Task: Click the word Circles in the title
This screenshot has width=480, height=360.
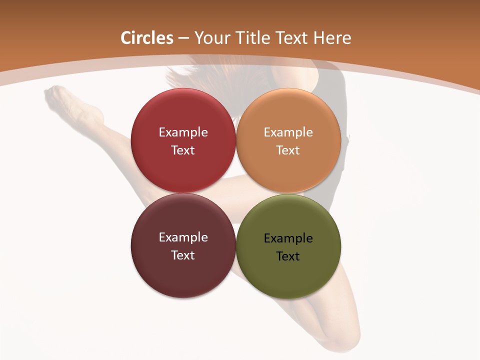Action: coord(146,38)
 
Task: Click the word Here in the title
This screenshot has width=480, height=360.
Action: coord(332,38)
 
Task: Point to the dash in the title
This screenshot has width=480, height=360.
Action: coord(183,38)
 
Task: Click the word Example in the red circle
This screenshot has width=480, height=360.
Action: coord(183,132)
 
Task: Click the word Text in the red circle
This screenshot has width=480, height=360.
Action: coord(183,150)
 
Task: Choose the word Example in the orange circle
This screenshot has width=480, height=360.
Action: coord(288,132)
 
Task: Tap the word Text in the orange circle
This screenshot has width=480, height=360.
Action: coord(288,150)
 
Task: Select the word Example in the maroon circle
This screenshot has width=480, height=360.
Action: coord(183,237)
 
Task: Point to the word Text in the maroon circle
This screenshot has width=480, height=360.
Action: coord(183,255)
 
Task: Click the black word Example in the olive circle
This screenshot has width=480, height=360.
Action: coord(288,238)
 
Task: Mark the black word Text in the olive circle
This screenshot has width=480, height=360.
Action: coord(288,256)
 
